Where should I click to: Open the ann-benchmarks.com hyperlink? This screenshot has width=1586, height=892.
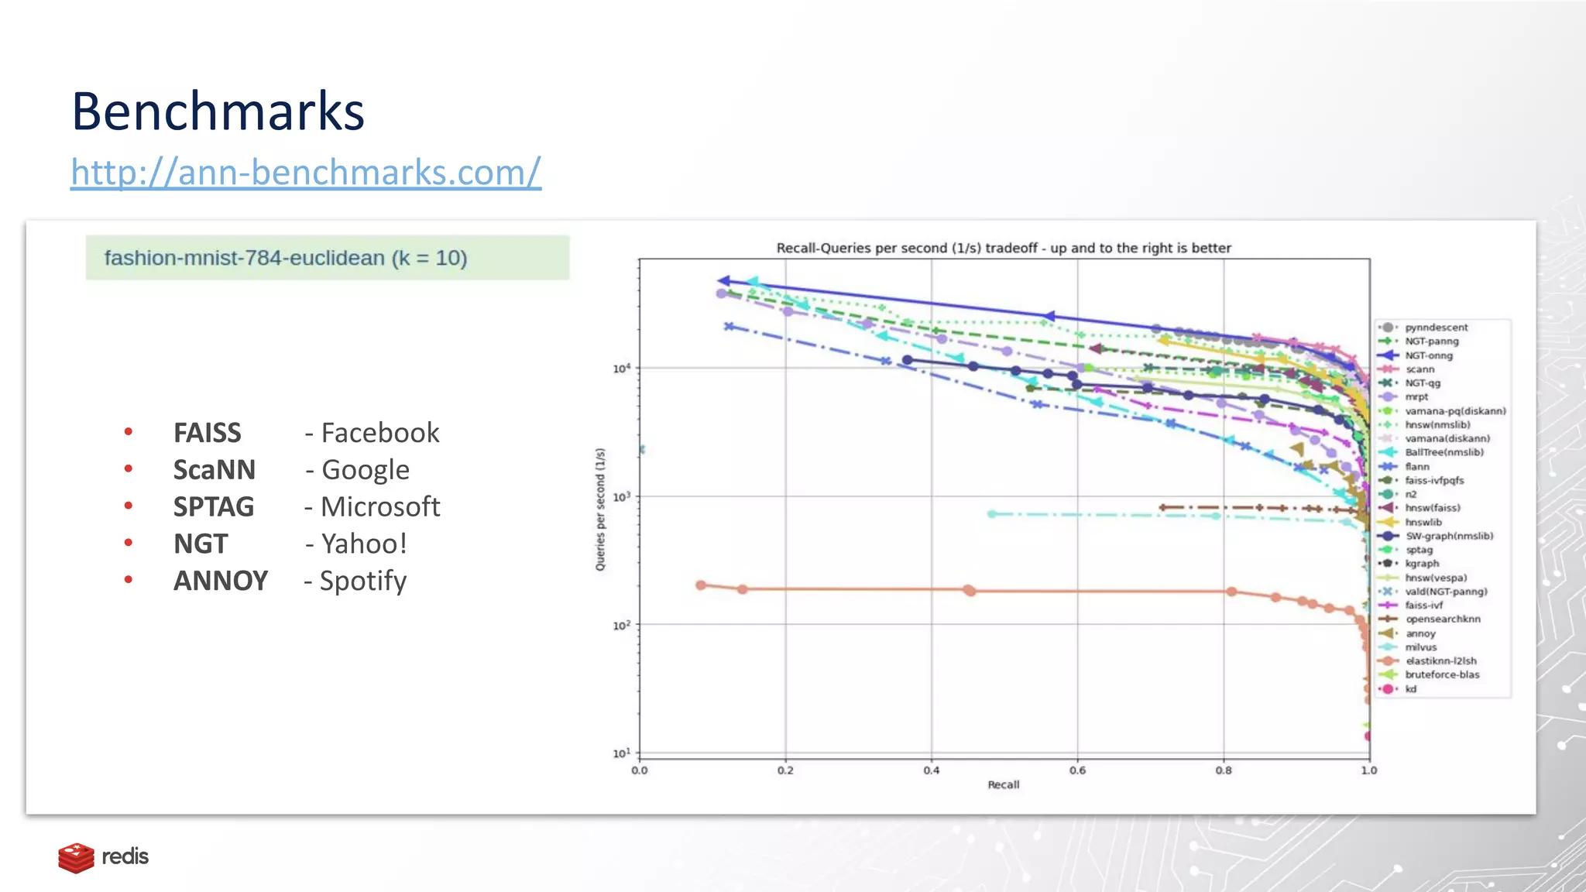tap(306, 172)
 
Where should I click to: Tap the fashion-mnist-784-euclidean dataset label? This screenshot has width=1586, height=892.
tap(286, 258)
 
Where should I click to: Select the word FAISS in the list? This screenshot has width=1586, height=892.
tap(207, 433)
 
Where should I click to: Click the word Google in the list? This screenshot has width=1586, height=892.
tap(366, 470)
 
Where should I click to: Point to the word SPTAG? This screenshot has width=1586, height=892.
tap(214, 507)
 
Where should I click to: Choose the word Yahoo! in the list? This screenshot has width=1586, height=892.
tap(364, 544)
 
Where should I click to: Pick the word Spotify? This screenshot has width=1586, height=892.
tap(363, 581)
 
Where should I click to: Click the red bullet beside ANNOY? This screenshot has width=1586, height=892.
tap(129, 580)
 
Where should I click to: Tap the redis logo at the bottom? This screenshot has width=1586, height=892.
tap(103, 857)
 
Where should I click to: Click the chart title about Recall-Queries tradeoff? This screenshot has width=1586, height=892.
tap(1004, 248)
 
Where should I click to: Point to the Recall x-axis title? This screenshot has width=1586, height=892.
tap(1004, 785)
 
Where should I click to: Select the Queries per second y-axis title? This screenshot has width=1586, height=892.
tap(600, 509)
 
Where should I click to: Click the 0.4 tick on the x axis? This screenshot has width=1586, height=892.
tap(932, 770)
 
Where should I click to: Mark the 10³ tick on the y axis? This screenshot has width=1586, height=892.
tap(622, 496)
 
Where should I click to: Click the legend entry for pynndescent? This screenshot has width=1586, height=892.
tap(1436, 328)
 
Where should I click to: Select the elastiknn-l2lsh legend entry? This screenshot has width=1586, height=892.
tap(1440, 661)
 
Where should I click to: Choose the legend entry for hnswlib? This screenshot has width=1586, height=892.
tap(1423, 522)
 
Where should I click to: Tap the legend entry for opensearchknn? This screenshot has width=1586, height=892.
tap(1443, 619)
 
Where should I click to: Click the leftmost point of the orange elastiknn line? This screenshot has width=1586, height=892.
tap(701, 585)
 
